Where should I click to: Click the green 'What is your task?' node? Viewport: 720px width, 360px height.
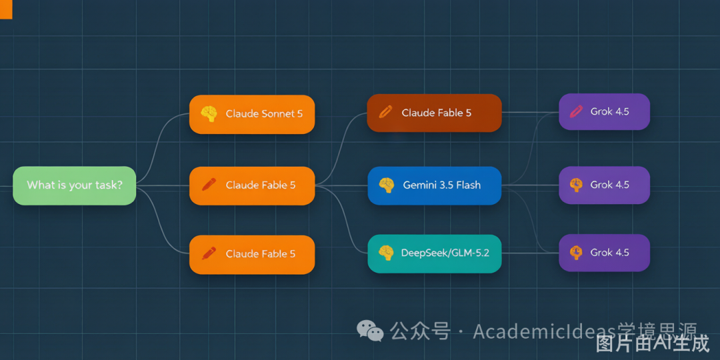(75, 185)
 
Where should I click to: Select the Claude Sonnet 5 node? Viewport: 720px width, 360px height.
(252, 115)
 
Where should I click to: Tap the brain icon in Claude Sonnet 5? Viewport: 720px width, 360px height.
(209, 114)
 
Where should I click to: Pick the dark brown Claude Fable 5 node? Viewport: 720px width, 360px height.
(434, 113)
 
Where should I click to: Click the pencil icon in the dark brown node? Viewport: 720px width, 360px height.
(386, 112)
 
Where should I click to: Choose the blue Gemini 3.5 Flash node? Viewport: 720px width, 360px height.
(435, 185)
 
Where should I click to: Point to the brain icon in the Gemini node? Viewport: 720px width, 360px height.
(387, 185)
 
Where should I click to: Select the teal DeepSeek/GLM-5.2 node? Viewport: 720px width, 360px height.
(435, 253)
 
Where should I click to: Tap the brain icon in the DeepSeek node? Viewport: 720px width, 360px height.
(386, 253)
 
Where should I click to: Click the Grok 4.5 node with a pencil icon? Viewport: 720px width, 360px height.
(604, 111)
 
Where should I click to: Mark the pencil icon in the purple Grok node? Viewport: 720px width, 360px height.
(576, 111)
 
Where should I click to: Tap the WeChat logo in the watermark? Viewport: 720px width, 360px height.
(370, 330)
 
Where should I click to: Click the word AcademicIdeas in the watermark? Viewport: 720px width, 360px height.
(545, 331)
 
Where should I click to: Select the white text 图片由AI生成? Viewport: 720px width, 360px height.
(653, 343)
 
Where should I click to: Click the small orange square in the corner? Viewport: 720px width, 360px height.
(6, 9)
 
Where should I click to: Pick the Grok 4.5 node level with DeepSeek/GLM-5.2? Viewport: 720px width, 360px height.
(604, 253)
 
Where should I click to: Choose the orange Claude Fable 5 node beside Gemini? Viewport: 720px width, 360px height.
(252, 185)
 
